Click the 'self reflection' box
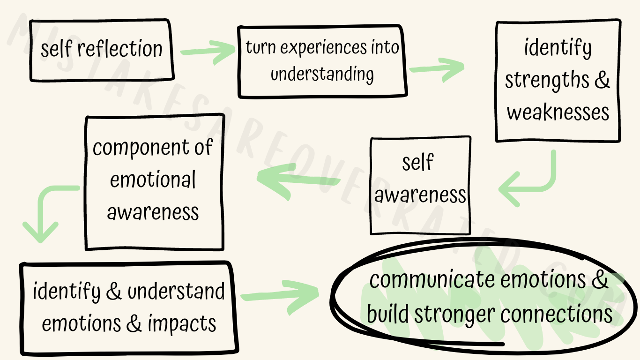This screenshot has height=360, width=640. (x=101, y=49)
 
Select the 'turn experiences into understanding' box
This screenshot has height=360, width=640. (x=322, y=61)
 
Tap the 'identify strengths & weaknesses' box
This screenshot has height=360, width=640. (x=558, y=81)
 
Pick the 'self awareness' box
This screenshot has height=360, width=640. (x=420, y=186)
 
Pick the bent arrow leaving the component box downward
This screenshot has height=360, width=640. (x=45, y=211)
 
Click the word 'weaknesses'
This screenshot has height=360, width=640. (x=558, y=112)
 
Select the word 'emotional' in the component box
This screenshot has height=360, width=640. (x=153, y=180)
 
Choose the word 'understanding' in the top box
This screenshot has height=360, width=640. (x=322, y=74)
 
